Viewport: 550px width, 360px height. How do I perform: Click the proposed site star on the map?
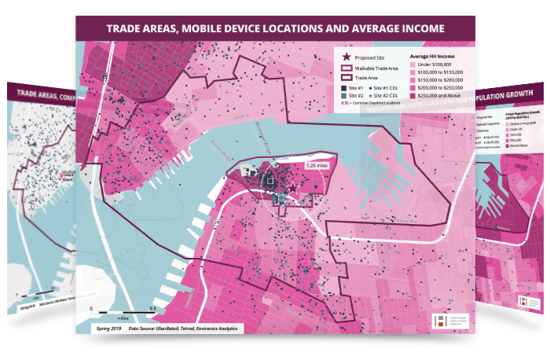point(293,188)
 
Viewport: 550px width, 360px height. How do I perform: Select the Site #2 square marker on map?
point(280,199)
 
